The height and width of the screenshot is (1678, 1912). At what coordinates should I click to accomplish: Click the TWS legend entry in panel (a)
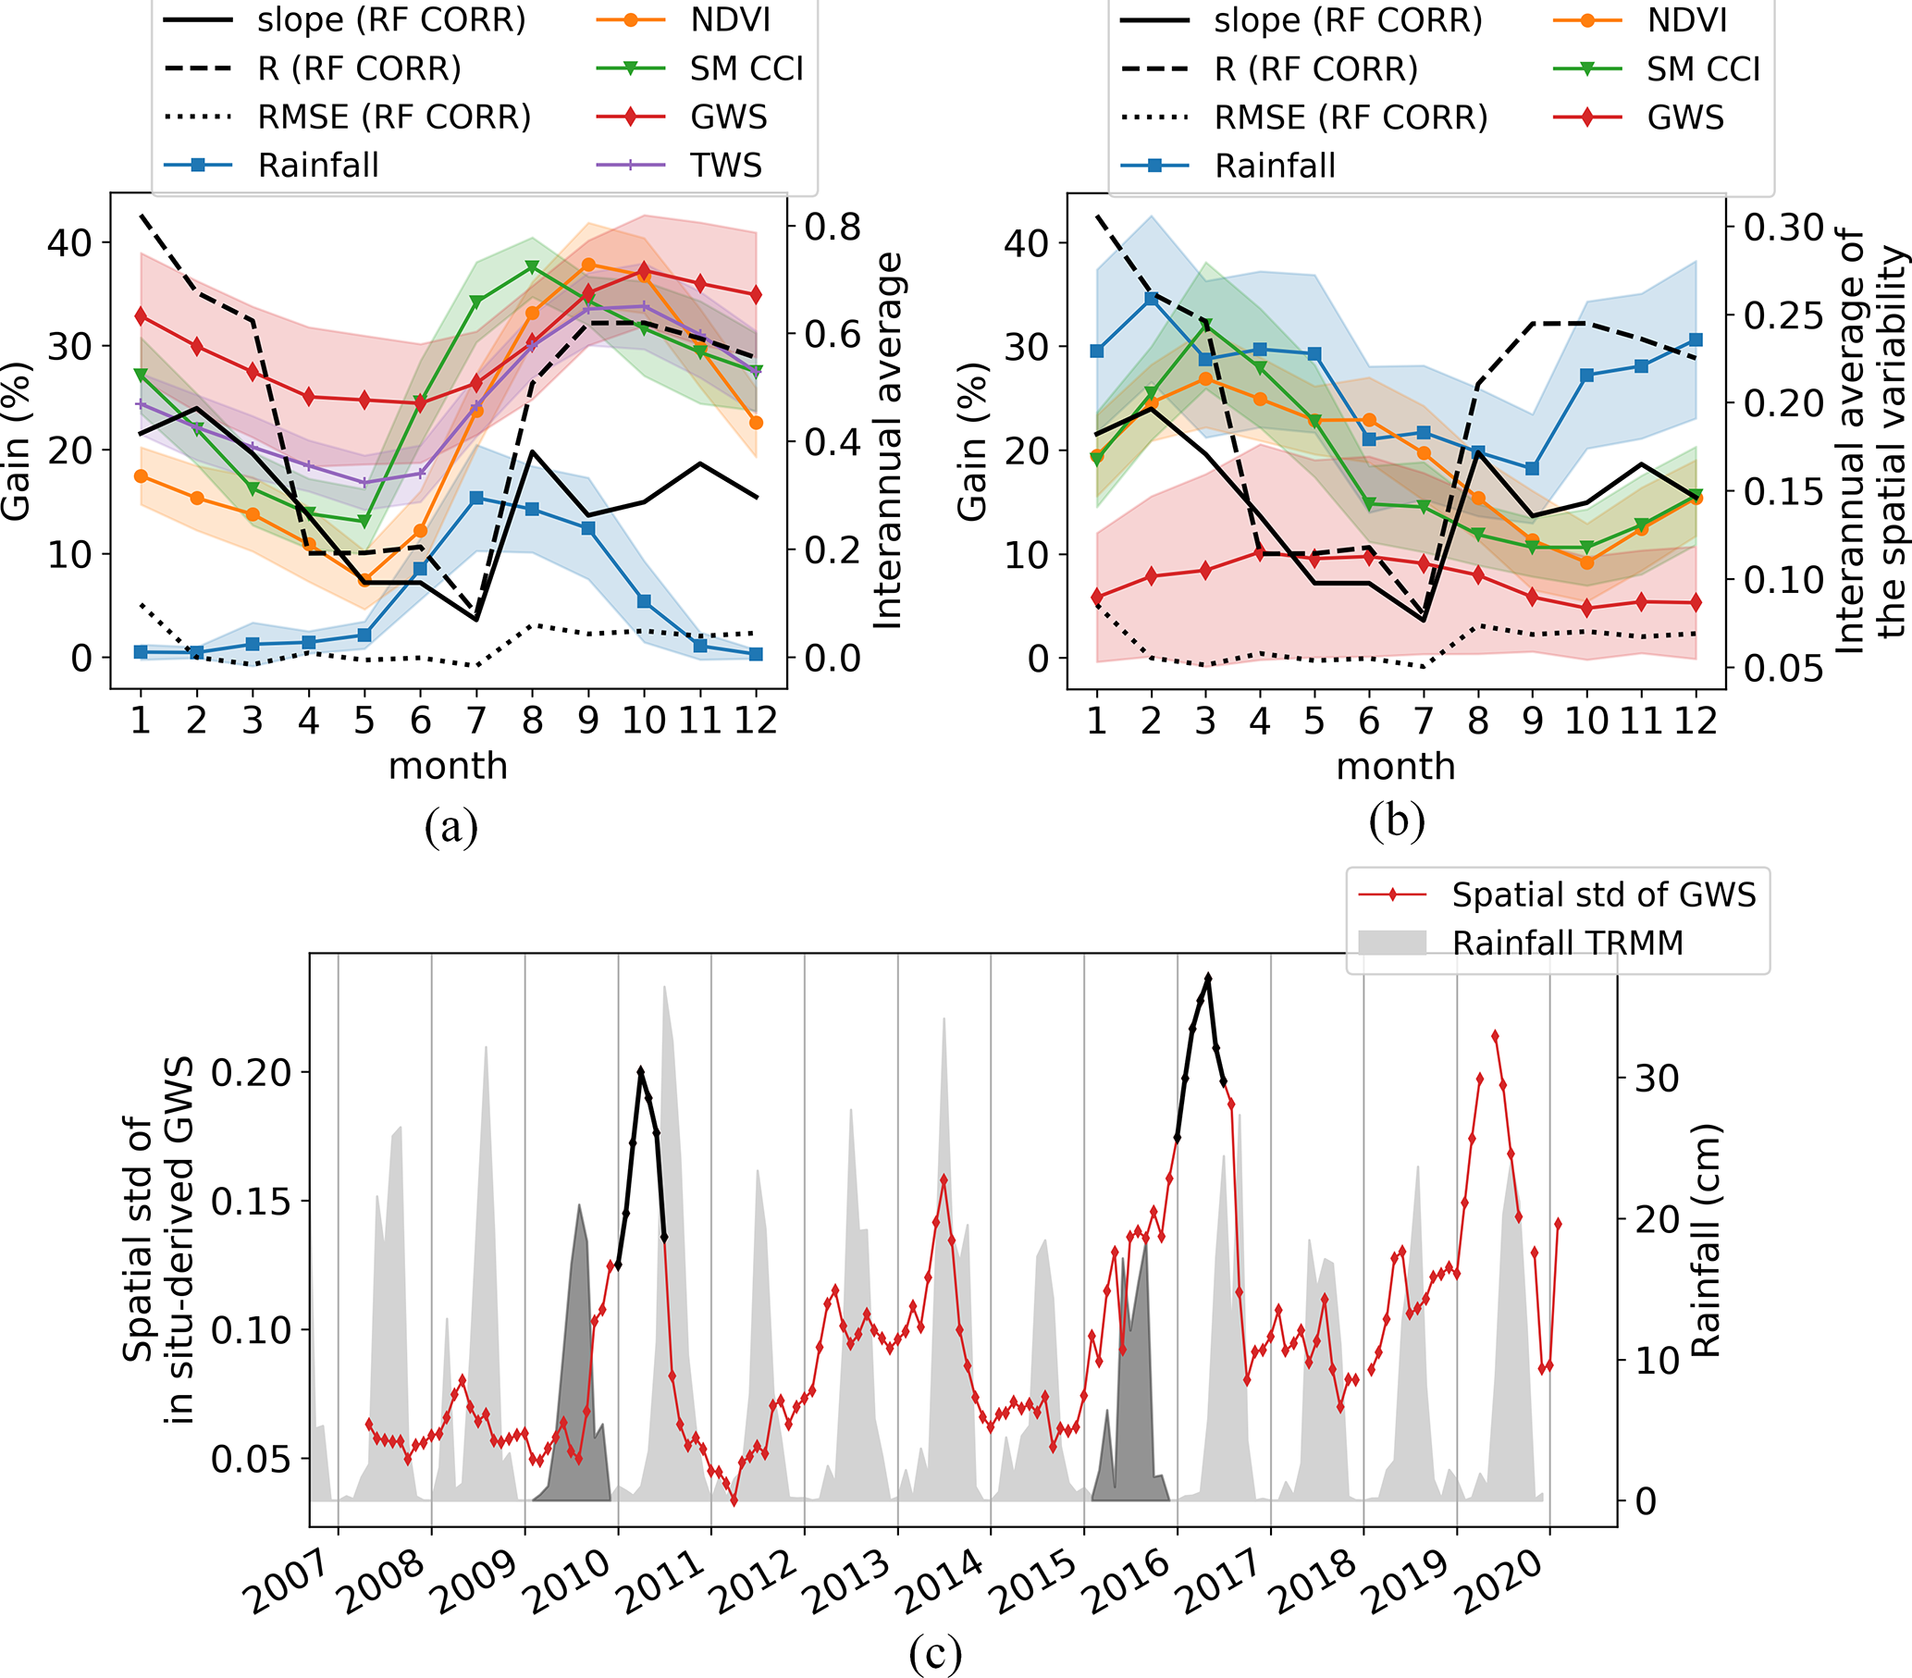[x=726, y=166]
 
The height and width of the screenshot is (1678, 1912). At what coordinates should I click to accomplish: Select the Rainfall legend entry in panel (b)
[x=1274, y=166]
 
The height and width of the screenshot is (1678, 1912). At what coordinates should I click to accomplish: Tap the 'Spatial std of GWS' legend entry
[x=1603, y=895]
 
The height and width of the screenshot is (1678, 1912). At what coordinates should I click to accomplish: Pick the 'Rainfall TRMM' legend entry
[x=1567, y=943]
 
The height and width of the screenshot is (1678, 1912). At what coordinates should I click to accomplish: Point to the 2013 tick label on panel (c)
[x=846, y=1582]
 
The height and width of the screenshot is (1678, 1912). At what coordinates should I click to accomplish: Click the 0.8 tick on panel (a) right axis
[x=832, y=228]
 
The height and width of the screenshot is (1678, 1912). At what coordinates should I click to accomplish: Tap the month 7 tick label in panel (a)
[x=476, y=721]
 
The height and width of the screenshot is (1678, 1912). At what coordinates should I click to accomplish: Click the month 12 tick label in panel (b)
[x=1695, y=721]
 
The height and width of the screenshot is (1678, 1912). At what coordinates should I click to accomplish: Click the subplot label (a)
[x=450, y=827]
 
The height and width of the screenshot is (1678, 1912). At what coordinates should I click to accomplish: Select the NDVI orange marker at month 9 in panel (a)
[x=588, y=265]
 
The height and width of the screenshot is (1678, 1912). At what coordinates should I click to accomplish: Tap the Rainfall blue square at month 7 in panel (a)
[x=476, y=499]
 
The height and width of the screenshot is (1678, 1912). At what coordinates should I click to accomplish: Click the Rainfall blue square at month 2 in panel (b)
[x=1152, y=299]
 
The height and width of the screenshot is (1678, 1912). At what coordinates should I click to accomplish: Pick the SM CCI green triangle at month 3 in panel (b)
[x=1207, y=325]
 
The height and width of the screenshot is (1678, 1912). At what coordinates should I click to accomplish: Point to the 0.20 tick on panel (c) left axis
[x=252, y=1073]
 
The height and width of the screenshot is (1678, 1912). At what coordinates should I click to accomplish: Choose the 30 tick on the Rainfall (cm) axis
[x=1657, y=1079]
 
